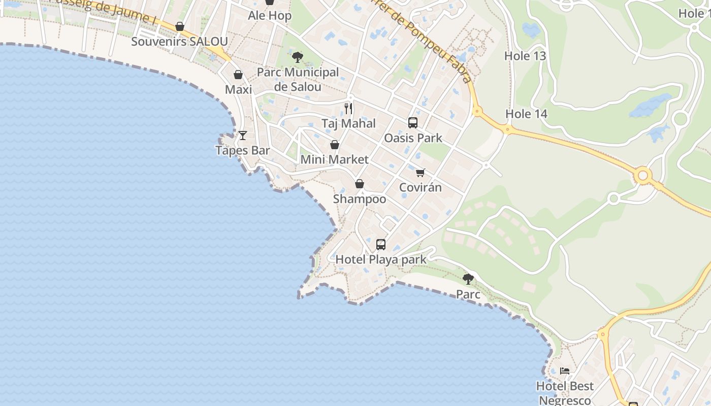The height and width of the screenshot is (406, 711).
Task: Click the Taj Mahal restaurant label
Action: pos(348,123)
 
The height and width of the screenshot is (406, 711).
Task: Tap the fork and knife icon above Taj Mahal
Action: pos(348,109)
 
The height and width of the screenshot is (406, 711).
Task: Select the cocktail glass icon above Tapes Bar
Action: pos(243,136)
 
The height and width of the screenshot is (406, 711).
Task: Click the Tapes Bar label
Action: pos(242,151)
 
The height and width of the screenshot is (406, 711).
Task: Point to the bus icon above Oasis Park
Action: pos(413,123)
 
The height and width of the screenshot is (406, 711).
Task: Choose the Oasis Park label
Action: pos(413,138)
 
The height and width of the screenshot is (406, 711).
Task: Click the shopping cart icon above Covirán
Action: pos(420,173)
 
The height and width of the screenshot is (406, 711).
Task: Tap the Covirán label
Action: pos(420,187)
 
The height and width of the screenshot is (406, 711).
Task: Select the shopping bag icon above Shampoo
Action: pos(360,184)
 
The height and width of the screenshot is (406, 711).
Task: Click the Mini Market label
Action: pos(335,159)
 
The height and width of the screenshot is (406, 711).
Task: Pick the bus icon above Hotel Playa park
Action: pos(381,245)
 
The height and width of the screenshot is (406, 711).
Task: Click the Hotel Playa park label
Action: pos(381,259)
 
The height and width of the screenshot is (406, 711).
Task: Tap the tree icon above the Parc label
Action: pos(468,279)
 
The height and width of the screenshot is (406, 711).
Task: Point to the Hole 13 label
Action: pos(525,56)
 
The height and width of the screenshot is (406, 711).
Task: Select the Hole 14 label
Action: pos(526,114)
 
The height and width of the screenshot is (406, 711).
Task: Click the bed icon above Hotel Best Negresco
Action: pos(565,371)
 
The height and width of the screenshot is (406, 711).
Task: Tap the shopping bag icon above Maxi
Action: pos(238,75)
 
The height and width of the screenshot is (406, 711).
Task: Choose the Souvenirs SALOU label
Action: pos(179,42)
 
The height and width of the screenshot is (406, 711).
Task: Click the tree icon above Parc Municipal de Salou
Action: pos(298,57)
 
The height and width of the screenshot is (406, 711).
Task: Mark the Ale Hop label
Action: pos(270,16)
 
